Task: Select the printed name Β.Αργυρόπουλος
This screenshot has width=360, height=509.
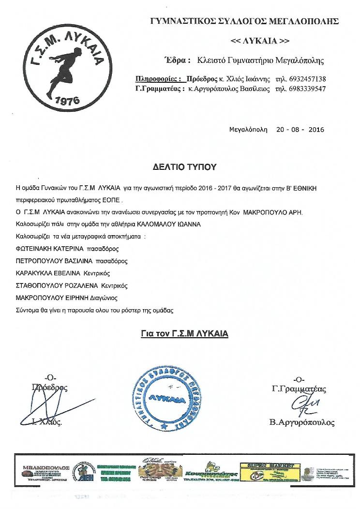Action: point(302,422)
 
